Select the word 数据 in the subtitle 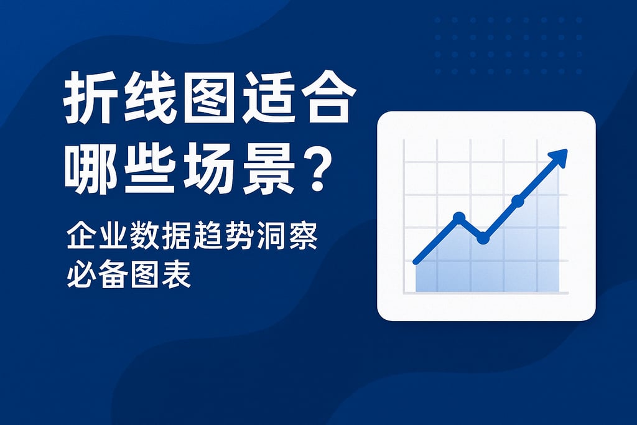pyautogui.click(x=159, y=237)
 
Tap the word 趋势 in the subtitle pyautogui.click(x=223, y=237)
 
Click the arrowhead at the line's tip pyautogui.click(x=560, y=158)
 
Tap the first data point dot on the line pyautogui.click(x=459, y=217)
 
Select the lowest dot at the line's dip pyautogui.click(x=483, y=238)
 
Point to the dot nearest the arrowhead pyautogui.click(x=518, y=200)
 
